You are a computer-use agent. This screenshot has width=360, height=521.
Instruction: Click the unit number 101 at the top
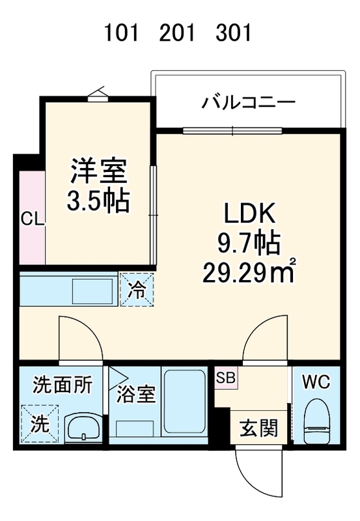121,34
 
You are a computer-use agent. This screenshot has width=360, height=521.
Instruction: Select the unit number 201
177,34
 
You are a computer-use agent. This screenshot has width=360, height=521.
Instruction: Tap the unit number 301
233,34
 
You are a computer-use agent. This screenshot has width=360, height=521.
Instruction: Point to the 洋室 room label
99,171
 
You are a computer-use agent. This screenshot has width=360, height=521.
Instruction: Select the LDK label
250,214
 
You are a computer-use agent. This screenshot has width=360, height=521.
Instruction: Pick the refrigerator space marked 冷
137,290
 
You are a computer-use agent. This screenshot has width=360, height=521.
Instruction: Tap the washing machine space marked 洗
40,424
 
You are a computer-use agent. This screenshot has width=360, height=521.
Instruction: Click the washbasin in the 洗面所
84,429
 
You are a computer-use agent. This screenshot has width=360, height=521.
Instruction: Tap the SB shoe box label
226,378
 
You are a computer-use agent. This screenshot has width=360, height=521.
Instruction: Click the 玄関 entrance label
258,428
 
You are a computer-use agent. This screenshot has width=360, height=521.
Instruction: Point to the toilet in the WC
317,421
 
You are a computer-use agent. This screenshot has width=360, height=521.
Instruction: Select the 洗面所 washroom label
62,386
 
